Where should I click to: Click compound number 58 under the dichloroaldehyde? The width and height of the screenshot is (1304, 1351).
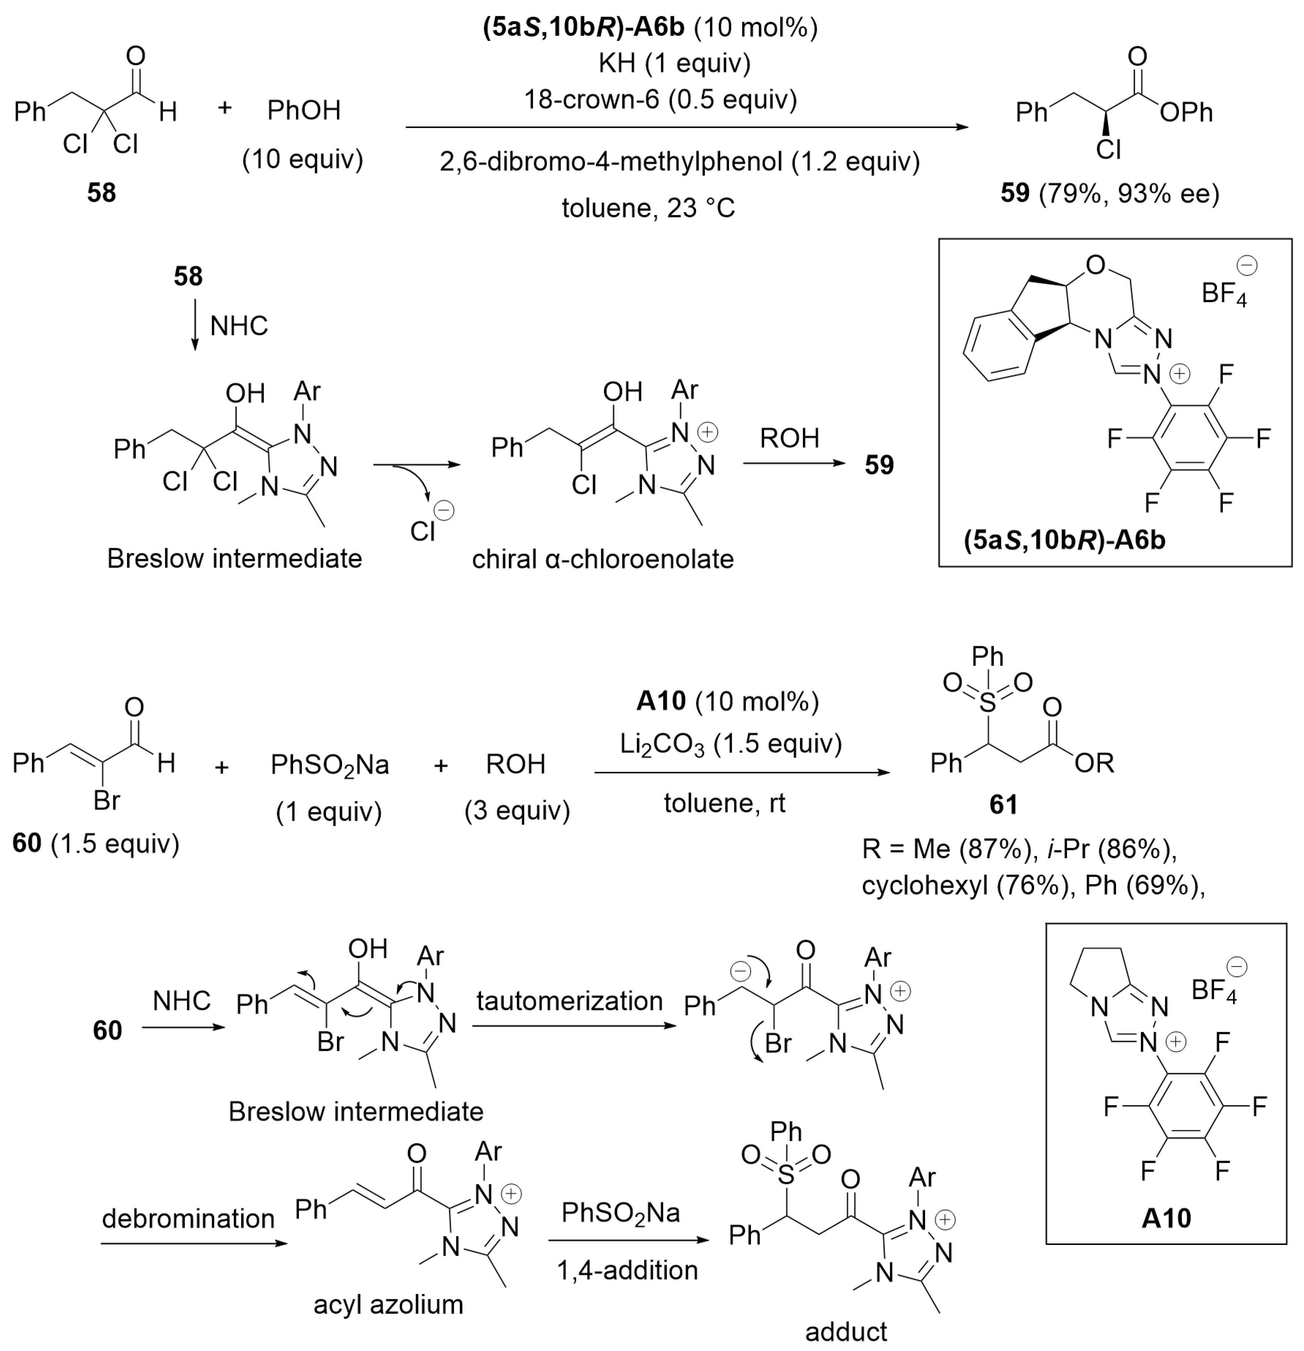tap(101, 193)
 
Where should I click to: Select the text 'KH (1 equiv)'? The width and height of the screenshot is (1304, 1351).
tap(674, 63)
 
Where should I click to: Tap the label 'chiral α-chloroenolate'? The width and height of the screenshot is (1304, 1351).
tap(603, 559)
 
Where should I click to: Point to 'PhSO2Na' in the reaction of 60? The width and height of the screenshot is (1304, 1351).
tap(329, 764)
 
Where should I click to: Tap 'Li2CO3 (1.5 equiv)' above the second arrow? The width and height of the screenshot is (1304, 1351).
tap(731, 744)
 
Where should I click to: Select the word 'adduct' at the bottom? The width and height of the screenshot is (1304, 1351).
tap(846, 1332)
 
